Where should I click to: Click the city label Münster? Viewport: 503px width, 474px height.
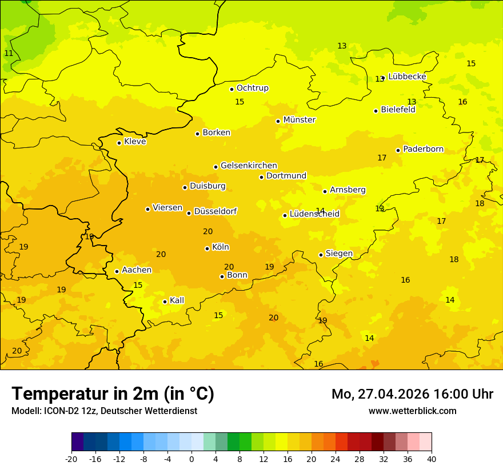click(x=299, y=120)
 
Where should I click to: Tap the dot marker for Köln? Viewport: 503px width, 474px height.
click(x=207, y=248)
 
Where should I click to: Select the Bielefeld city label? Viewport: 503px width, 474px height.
click(x=398, y=110)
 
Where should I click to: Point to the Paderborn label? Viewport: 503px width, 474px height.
click(x=423, y=149)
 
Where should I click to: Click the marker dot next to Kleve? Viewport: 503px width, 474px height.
click(x=119, y=143)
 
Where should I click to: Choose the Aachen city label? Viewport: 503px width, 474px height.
click(x=137, y=270)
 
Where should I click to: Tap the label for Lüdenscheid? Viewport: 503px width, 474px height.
click(x=314, y=214)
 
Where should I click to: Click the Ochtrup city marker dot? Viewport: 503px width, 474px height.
click(x=231, y=89)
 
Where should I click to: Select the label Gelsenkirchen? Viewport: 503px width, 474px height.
click(x=249, y=166)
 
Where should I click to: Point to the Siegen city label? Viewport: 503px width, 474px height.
click(x=339, y=254)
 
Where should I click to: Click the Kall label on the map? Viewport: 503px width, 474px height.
click(x=177, y=300)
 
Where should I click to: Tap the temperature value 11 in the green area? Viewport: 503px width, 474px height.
click(x=9, y=53)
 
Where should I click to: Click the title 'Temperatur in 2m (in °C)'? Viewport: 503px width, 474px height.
click(x=113, y=393)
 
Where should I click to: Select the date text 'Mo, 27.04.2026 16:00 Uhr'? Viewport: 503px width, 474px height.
click(x=412, y=394)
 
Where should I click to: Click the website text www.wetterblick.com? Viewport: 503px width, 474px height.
click(x=412, y=411)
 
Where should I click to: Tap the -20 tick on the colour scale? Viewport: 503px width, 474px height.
click(x=71, y=459)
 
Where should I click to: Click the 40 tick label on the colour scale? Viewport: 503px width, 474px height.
click(x=432, y=459)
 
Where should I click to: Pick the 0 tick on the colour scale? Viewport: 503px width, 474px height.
click(x=191, y=459)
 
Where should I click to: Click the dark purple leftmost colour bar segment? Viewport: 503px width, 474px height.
click(x=77, y=442)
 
